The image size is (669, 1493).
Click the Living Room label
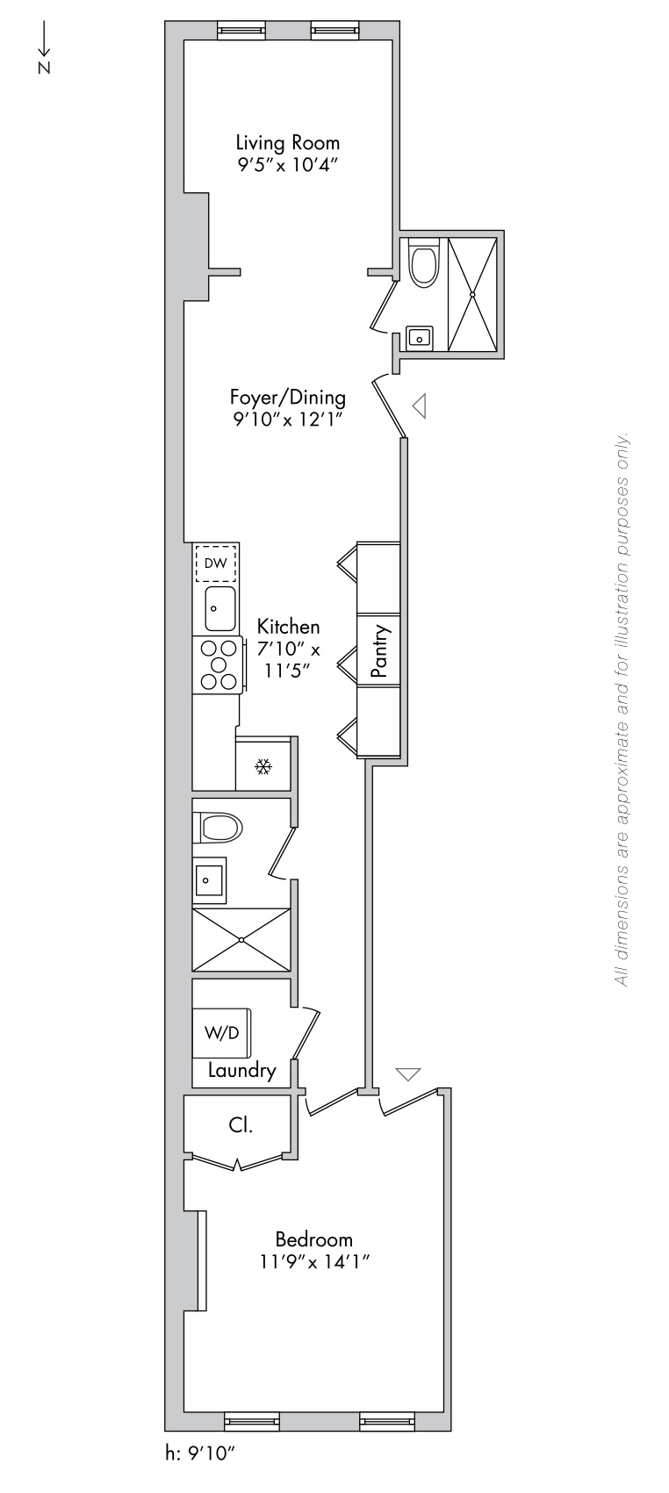pyautogui.click(x=287, y=143)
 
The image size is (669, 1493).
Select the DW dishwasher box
pyautogui.click(x=215, y=563)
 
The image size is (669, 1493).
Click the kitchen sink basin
pyautogui.click(x=220, y=608)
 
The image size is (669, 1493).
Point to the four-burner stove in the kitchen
pyautogui.click(x=218, y=664)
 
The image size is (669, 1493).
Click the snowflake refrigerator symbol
pyautogui.click(x=263, y=767)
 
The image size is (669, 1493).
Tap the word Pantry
pyautogui.click(x=379, y=650)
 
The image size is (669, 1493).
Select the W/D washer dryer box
pyautogui.click(x=221, y=1032)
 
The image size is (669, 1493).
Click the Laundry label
pyautogui.click(x=241, y=1071)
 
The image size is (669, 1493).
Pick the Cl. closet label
pyautogui.click(x=240, y=1126)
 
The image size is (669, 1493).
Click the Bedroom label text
pyautogui.click(x=313, y=1239)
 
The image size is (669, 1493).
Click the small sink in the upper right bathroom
pyautogui.click(x=420, y=339)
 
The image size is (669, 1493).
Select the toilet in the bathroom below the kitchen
pyautogui.click(x=218, y=829)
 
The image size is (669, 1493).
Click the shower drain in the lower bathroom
pyautogui.click(x=241, y=940)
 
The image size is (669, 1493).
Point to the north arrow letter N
pyautogui.click(x=44, y=67)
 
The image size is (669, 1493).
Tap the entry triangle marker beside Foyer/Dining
pyautogui.click(x=419, y=406)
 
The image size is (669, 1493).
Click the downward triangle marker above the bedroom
pyautogui.click(x=407, y=1073)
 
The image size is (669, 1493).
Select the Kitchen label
pyautogui.click(x=288, y=627)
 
